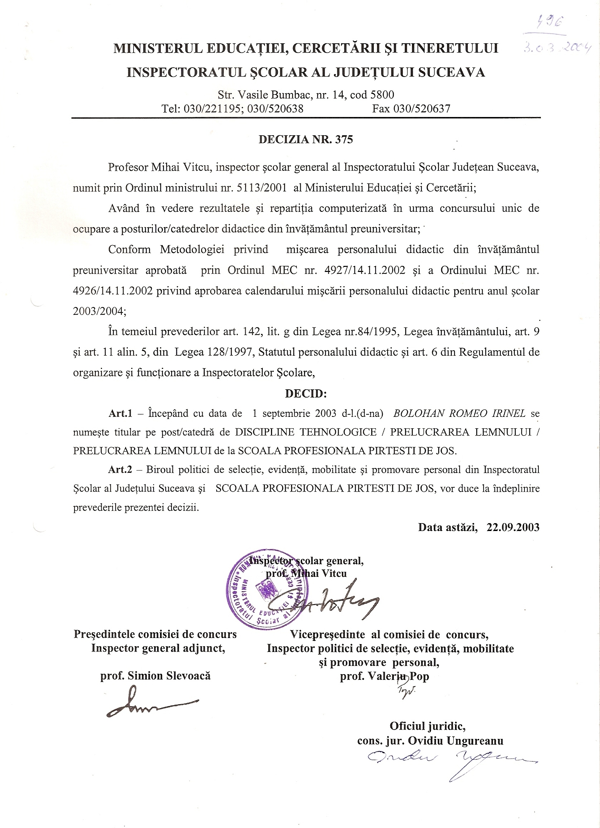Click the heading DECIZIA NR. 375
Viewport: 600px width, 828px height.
[x=305, y=140]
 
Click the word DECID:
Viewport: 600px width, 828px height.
[x=306, y=394]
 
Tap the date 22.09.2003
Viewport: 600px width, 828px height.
[x=513, y=527]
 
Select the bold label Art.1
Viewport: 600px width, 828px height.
[x=120, y=413]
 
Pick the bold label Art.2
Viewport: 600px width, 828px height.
[x=120, y=469]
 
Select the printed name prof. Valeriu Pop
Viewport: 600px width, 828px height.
[x=384, y=677]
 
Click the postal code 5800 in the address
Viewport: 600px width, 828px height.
[x=382, y=95]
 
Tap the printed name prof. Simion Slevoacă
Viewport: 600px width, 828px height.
[x=155, y=676]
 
